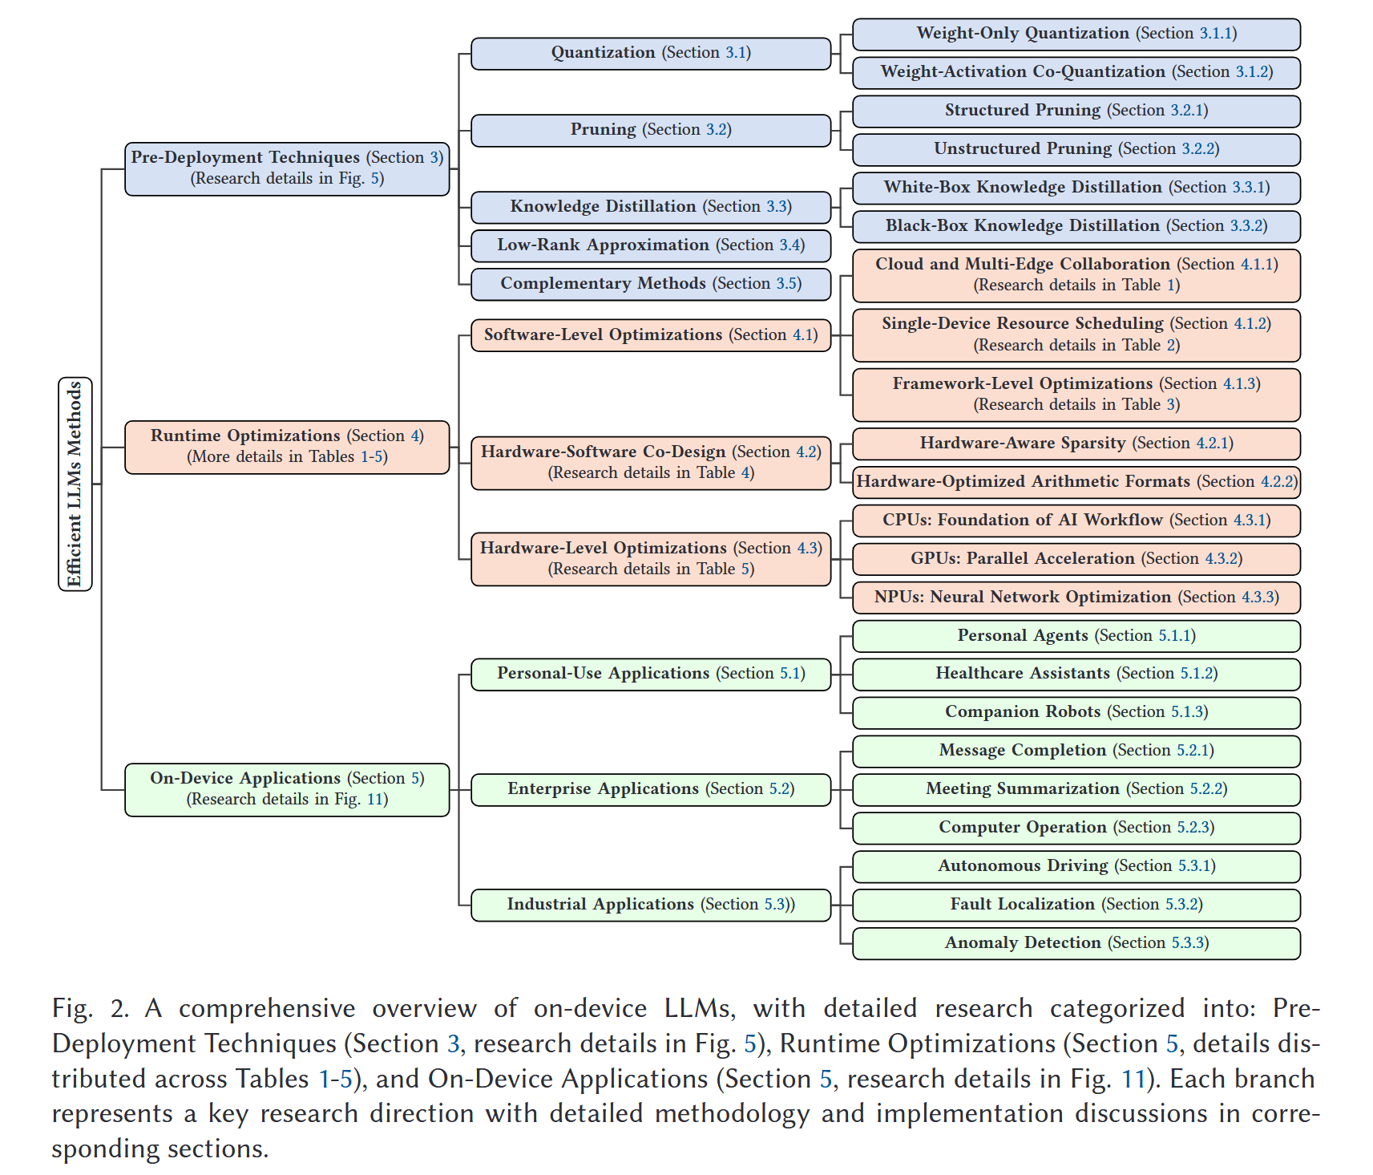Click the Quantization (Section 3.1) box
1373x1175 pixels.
point(650,54)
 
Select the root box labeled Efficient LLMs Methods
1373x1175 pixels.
point(75,484)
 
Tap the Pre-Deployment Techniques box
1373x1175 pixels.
point(287,168)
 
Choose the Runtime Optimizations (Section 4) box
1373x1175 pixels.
point(287,447)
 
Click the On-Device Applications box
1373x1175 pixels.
point(287,789)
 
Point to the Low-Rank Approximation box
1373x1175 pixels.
point(650,245)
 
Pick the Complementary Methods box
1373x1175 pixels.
point(650,284)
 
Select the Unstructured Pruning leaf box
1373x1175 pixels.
point(1076,149)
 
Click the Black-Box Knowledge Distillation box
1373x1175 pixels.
point(1076,226)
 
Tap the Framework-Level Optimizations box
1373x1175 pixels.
point(1076,395)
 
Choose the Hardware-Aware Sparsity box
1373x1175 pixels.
point(1076,444)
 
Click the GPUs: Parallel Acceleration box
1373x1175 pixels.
point(1076,559)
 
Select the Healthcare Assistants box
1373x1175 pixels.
point(1076,674)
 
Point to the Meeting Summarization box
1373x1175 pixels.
point(1076,789)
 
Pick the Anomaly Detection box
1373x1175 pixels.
point(1076,943)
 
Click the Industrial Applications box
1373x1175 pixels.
point(650,905)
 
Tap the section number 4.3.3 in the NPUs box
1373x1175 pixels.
point(1258,598)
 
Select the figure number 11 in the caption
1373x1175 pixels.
point(1133,1079)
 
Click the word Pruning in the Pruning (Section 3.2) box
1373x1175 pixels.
point(603,130)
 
